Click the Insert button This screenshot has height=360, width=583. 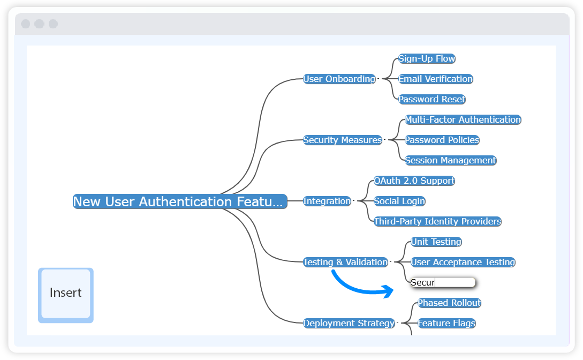tap(65, 295)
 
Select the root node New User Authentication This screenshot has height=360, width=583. tap(180, 201)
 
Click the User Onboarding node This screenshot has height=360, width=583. tap(339, 79)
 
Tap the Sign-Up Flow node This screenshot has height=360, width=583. tap(427, 58)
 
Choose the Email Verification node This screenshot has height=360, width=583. tap(435, 79)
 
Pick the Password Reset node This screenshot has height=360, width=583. tap(431, 99)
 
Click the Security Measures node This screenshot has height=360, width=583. tap(343, 140)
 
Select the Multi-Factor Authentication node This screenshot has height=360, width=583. tap(463, 119)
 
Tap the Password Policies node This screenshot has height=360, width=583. tap(442, 140)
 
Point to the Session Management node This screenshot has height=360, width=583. tap(450, 160)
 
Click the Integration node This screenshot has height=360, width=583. tap(327, 201)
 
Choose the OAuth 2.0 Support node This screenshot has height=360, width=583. tap(414, 181)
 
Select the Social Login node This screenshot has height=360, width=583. tap(399, 201)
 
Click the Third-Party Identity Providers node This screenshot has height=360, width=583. tap(437, 221)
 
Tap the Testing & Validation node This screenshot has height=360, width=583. tap(345, 262)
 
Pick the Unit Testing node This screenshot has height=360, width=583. tap(436, 242)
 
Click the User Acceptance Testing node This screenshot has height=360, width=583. tap(463, 262)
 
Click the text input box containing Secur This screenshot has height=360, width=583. tap(443, 282)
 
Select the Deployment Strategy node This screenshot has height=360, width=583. tap(349, 323)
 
